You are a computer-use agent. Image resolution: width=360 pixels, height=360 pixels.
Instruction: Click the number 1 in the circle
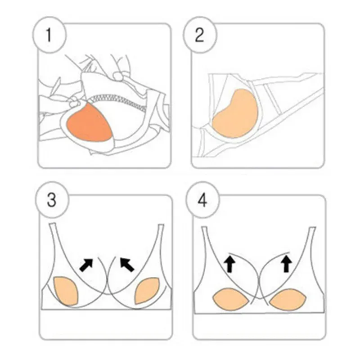pos(49,35)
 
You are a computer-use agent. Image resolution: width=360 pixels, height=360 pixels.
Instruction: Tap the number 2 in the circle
pos(199,35)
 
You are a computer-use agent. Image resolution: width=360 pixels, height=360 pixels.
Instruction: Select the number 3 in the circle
pos(51,200)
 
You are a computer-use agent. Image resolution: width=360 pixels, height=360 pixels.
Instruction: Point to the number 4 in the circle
pos(202,200)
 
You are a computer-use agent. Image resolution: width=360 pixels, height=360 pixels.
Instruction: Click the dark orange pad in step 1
pos(89,123)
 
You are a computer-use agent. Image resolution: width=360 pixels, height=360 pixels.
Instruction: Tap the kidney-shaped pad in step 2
pos(235,114)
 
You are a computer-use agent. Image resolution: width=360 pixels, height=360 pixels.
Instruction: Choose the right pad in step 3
pos(146,291)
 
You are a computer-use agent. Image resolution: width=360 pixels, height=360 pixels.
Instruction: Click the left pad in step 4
pos(230,299)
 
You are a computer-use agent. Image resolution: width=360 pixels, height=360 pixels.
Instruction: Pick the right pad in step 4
pos(288,299)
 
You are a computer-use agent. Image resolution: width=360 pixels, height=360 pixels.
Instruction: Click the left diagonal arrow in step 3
pos(86,265)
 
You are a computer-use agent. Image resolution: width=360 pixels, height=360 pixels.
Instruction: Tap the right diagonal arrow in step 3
pos(127,265)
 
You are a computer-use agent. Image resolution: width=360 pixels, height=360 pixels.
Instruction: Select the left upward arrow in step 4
pos(229,264)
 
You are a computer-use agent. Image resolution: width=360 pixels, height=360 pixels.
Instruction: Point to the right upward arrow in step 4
pos(286,264)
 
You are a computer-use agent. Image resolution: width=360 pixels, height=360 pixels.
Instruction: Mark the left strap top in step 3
pos(52,224)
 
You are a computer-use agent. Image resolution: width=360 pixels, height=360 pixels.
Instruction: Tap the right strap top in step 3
pos(161,225)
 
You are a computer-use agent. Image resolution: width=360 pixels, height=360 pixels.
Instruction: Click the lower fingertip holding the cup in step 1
pos(74,104)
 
